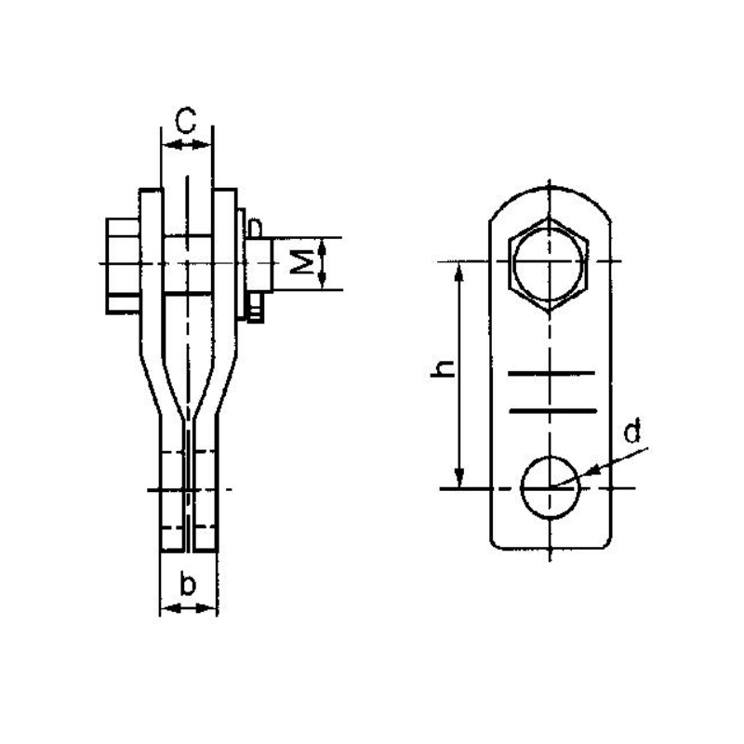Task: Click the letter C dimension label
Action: point(186,121)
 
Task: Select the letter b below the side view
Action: point(188,585)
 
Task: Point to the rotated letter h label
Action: point(445,369)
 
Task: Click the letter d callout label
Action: point(631,432)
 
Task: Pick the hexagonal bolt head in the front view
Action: point(549,264)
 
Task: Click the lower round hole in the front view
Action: point(550,486)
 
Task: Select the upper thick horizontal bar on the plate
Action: point(551,375)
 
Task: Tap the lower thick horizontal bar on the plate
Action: point(551,409)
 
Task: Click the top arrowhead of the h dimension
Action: point(458,271)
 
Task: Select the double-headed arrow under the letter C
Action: point(187,144)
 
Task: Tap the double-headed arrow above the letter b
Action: point(189,608)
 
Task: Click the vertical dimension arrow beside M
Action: point(323,264)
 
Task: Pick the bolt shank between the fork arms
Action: point(189,264)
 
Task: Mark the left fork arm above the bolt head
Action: point(150,205)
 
